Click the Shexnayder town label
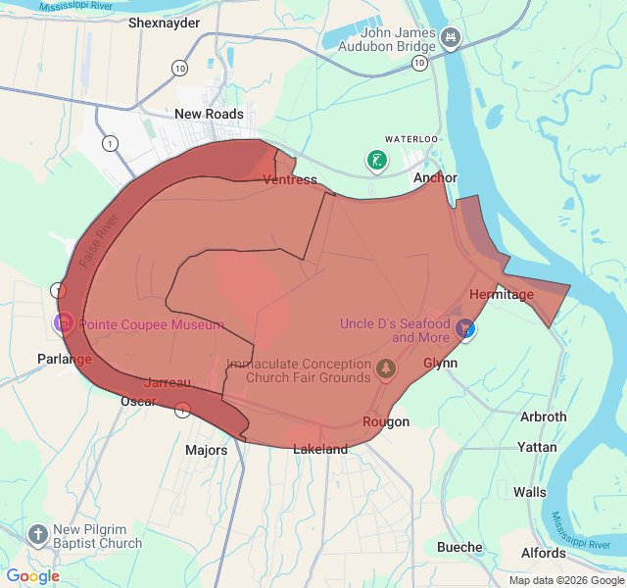(164, 23)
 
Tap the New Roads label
(209, 114)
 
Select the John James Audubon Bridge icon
(451, 37)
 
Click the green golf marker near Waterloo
(375, 159)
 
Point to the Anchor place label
(435, 178)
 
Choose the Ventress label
(290, 179)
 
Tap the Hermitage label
(501, 294)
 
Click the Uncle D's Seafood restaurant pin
(466, 328)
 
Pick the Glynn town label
(440, 363)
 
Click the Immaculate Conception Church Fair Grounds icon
(387, 370)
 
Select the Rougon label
(386, 422)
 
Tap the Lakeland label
(320, 450)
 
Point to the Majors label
(206, 451)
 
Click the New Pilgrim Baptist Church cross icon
(37, 535)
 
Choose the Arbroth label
(543, 416)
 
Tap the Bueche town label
(459, 547)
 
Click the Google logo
(33, 576)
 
